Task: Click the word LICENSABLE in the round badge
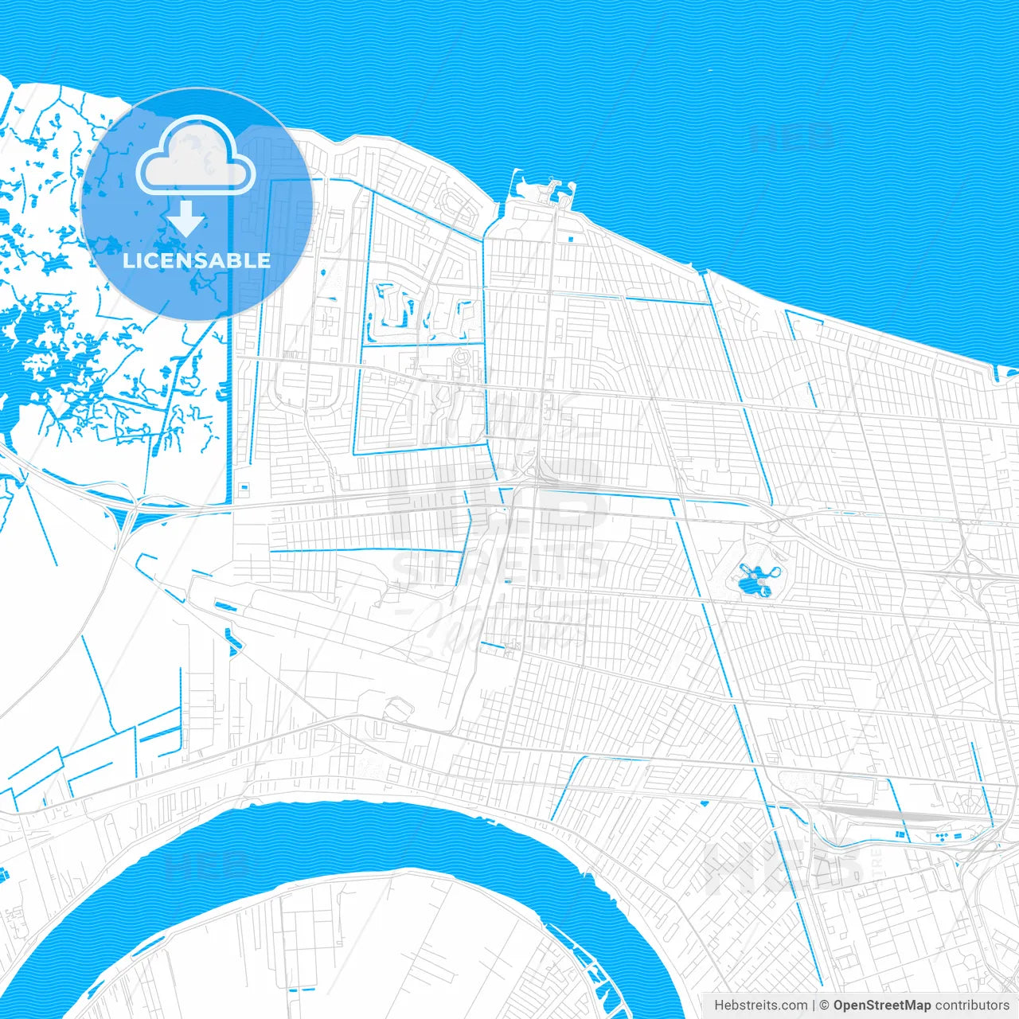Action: (196, 260)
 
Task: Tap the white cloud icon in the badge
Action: (195, 156)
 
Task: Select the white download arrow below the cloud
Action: (186, 217)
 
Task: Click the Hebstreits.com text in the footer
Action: (760, 1005)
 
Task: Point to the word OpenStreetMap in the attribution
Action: (882, 1005)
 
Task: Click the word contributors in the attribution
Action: (972, 1005)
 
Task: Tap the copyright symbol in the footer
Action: (824, 1005)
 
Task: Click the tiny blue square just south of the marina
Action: (570, 238)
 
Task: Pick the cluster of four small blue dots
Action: (943, 837)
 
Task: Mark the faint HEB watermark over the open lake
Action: (792, 137)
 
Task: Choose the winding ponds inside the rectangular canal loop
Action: (414, 310)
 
